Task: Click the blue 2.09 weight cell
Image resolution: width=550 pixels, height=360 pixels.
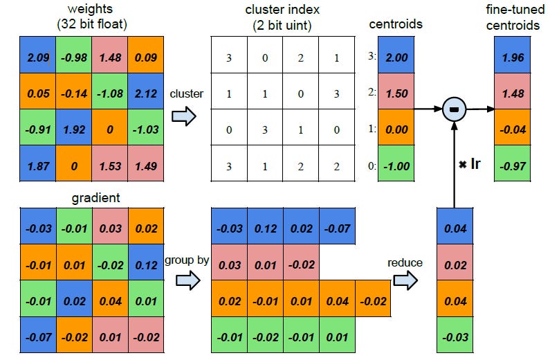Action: [37, 55]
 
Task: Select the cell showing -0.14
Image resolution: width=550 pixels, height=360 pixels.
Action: [73, 91]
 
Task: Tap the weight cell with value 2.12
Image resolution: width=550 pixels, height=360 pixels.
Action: [145, 91]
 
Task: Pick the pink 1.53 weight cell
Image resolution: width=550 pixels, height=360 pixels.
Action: [110, 163]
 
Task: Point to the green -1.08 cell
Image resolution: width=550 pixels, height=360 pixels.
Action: [110, 91]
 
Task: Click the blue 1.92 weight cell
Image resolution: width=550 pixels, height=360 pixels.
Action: [73, 127]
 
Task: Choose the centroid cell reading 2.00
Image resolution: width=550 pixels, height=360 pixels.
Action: [396, 55]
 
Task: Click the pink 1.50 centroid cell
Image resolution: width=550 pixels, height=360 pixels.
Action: [396, 91]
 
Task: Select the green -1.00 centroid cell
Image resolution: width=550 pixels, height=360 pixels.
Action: [396, 163]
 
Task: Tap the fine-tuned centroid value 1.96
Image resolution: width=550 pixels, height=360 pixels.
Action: [512, 55]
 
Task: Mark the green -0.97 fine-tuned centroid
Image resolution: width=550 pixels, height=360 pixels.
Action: [512, 163]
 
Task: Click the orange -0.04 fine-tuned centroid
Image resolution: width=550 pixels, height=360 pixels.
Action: [512, 127]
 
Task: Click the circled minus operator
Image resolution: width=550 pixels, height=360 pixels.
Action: [455, 109]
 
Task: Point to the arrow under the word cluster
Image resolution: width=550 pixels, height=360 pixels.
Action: [184, 116]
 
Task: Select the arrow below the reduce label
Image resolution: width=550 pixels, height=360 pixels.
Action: [405, 280]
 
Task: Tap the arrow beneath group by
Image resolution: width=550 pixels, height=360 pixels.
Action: [188, 280]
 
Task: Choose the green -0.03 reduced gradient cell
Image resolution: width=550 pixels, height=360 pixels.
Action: [455, 335]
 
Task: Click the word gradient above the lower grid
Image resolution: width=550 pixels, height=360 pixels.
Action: [95, 198]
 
